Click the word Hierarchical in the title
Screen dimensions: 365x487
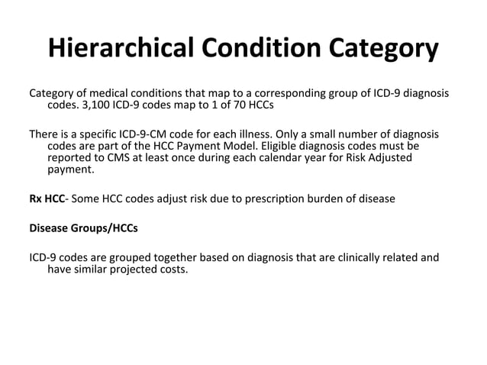[124, 48]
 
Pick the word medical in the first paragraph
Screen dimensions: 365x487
[111, 93]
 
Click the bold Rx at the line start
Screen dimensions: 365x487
[37, 199]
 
